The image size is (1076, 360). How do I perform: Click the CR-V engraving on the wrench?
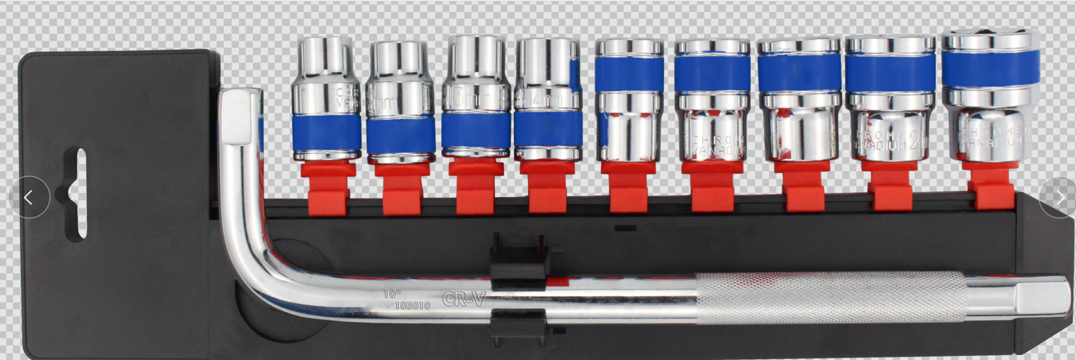(464, 299)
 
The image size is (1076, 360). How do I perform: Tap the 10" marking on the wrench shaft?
(392, 294)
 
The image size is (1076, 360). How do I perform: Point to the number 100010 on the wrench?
(412, 305)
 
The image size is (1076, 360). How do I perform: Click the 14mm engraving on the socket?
(546, 101)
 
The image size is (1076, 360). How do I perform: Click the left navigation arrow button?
(28, 197)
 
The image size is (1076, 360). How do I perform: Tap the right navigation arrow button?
(1060, 198)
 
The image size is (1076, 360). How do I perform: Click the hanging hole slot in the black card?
(75, 194)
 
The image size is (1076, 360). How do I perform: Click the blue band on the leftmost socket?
(326, 131)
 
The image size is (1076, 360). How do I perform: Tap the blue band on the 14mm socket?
(547, 128)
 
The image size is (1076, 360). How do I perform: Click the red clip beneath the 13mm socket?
(475, 187)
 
